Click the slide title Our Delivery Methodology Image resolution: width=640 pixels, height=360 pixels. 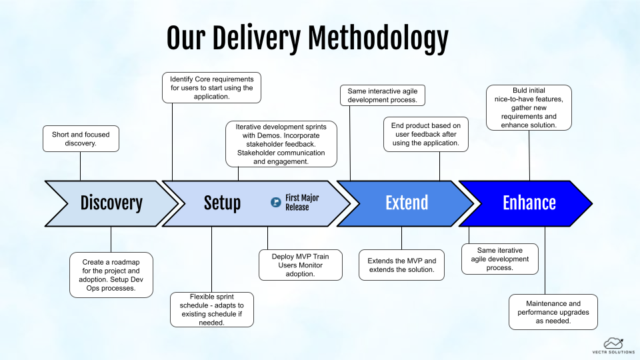[x=307, y=39]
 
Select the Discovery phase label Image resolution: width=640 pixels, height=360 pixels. [x=111, y=203]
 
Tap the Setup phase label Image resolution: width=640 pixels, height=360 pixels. [x=222, y=203]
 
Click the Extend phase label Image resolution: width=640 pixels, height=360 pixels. [x=407, y=203]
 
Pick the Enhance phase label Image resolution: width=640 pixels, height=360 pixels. [x=529, y=203]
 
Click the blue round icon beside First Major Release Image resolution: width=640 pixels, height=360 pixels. [x=275, y=202]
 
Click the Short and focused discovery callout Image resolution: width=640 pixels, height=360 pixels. [x=81, y=139]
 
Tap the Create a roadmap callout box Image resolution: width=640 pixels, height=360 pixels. [x=111, y=275]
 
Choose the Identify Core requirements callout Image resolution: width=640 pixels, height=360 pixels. [x=211, y=87]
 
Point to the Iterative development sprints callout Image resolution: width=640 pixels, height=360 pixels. [x=281, y=143]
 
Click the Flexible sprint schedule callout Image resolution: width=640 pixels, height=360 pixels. [x=211, y=309]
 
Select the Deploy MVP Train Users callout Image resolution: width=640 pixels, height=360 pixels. [x=301, y=265]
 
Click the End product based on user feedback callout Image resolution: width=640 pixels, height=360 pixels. [x=426, y=134]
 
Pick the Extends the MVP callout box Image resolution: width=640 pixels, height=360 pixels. [x=402, y=265]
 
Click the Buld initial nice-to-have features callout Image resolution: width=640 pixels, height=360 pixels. [x=529, y=107]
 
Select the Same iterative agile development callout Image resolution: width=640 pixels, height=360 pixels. [x=499, y=259]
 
